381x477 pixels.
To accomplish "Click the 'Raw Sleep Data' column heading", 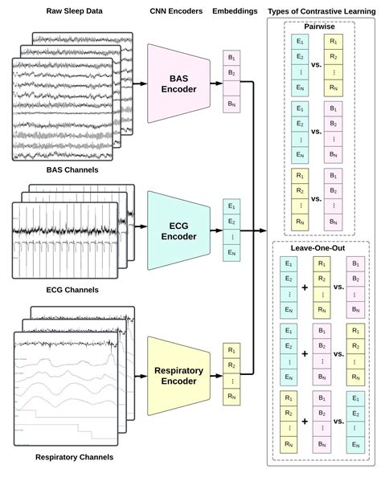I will click(x=67, y=10).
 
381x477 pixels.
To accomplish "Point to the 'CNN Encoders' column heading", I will click(x=175, y=10).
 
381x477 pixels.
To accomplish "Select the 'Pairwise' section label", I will click(x=319, y=26).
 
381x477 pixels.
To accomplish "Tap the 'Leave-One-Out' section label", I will click(x=319, y=248).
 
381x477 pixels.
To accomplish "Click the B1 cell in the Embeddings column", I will click(x=232, y=57).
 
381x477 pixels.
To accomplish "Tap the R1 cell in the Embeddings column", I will click(x=232, y=350).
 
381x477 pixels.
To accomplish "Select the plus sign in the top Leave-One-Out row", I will click(x=305, y=287).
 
